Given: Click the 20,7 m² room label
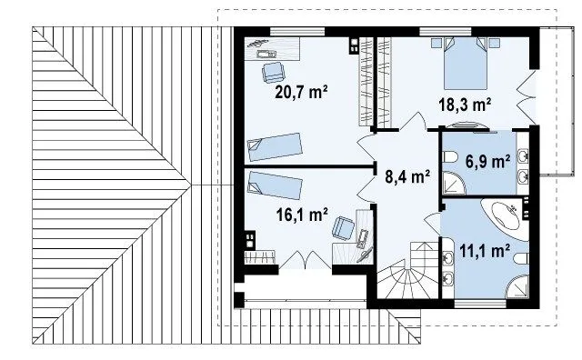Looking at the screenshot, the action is click(x=301, y=92).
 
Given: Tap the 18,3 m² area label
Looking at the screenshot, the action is click(x=465, y=105).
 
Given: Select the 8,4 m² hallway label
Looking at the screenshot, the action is click(x=407, y=176).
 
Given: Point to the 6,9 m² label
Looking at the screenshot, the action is click(x=487, y=162).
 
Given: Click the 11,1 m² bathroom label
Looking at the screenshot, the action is click(x=485, y=251).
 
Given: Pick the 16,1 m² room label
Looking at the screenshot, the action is click(x=302, y=215).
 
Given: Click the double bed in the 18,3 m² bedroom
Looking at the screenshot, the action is click(x=465, y=64).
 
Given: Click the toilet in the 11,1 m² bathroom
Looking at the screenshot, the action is click(x=521, y=258).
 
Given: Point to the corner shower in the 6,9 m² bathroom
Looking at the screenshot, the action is click(x=454, y=184).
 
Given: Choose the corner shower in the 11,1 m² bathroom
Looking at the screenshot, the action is click(x=517, y=286).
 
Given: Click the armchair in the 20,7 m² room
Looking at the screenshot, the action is click(x=273, y=72).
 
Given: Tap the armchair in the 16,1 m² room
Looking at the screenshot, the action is click(x=343, y=227).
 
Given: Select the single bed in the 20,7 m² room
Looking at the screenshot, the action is click(x=275, y=146).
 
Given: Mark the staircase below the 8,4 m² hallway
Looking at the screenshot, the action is click(x=407, y=270).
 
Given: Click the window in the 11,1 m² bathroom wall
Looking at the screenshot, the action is click(x=480, y=304).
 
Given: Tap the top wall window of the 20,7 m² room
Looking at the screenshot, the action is click(x=297, y=32).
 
